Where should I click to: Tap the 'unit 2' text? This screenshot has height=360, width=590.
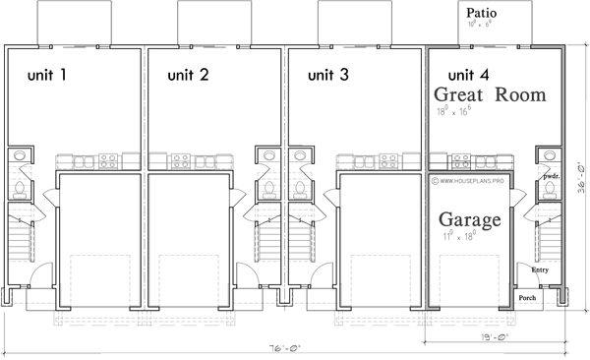pyautogui.click(x=188, y=75)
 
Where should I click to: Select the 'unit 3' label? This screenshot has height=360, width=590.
pyautogui.click(x=327, y=75)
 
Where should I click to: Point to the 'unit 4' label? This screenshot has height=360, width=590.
pyautogui.click(x=468, y=75)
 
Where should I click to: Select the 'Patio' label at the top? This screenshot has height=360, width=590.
pyautogui.click(x=482, y=12)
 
